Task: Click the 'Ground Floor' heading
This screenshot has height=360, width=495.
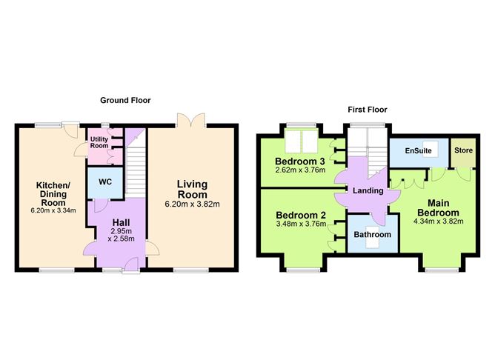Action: (126, 99)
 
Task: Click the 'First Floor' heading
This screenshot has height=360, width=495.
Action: (367, 110)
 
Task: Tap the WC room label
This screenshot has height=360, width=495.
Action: (100, 181)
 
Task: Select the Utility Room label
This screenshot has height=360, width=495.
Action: (99, 142)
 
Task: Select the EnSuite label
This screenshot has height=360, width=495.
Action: (417, 151)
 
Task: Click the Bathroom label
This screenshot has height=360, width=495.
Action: (372, 235)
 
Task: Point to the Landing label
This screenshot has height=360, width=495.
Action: (368, 190)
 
